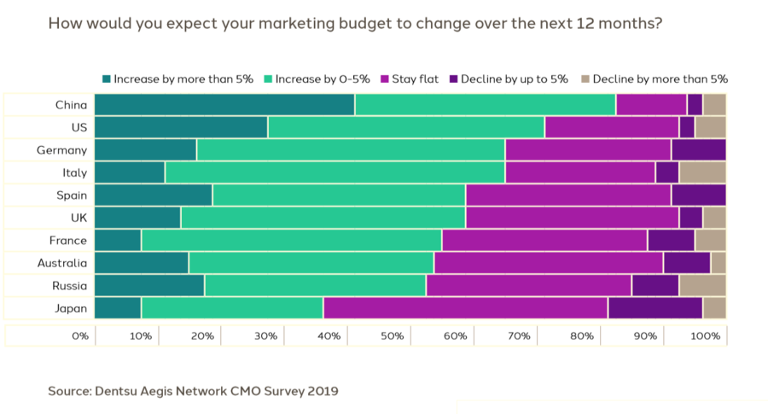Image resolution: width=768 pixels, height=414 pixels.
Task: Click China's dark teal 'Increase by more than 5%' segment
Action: pyautogui.click(x=224, y=104)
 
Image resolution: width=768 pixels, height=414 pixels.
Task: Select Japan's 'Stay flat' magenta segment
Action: pyautogui.click(x=465, y=308)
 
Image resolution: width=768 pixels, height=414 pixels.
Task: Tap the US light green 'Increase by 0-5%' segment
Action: pyautogui.click(x=405, y=127)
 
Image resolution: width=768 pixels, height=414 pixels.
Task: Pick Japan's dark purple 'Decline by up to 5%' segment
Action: pyautogui.click(x=655, y=308)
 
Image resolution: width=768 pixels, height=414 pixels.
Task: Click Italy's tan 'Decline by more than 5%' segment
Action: pyautogui.click(x=701, y=172)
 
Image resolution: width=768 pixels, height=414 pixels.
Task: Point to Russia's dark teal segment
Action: pyautogui.click(x=149, y=285)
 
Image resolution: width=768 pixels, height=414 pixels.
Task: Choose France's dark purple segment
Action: pyautogui.click(x=671, y=240)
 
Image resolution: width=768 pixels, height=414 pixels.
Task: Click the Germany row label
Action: pyautogui.click(x=61, y=150)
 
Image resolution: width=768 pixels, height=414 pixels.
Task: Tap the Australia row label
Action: pyautogui.click(x=61, y=263)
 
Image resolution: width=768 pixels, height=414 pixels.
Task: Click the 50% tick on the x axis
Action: pyautogui.click(x=392, y=336)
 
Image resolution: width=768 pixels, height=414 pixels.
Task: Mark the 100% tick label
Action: pyautogui.click(x=705, y=336)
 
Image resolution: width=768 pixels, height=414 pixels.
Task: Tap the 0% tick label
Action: pyautogui.click(x=80, y=336)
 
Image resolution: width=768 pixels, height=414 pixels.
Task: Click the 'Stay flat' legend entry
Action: pyautogui.click(x=414, y=79)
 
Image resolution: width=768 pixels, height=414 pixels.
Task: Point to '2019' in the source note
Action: pyautogui.click(x=322, y=391)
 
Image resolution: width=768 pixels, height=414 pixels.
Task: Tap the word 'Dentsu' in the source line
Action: pyautogui.click(x=123, y=391)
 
